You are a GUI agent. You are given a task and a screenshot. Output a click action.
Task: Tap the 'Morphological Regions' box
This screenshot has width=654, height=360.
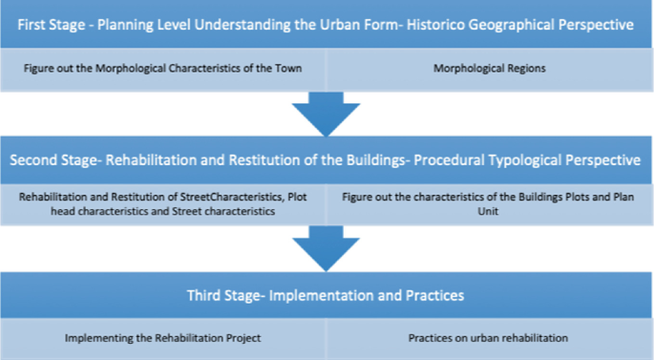(x=490, y=69)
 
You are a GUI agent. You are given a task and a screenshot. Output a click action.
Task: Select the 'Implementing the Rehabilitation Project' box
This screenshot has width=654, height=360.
(x=163, y=338)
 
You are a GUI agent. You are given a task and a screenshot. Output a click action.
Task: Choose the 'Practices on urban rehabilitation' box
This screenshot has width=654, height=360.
(x=490, y=338)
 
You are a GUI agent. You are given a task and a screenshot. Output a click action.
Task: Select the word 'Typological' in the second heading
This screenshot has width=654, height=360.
(x=531, y=159)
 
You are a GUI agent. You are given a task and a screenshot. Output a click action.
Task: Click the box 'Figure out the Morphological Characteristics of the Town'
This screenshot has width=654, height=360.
(x=163, y=69)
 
